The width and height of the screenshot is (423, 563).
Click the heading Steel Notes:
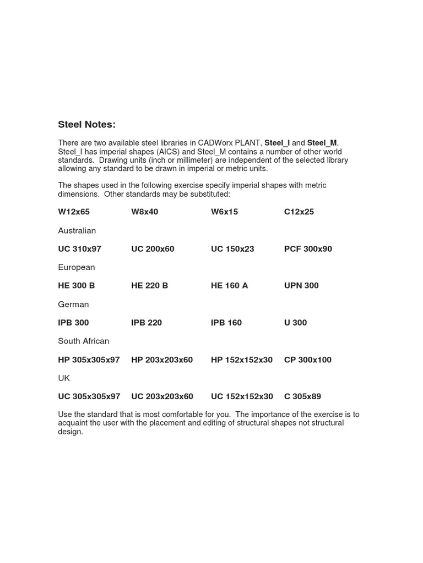(87, 125)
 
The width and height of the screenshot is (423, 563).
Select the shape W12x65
(74, 212)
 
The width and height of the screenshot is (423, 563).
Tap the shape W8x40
(145, 212)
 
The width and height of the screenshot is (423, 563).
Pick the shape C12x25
(299, 212)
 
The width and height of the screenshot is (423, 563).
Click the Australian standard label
(77, 230)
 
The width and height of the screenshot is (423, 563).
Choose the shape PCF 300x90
(308, 249)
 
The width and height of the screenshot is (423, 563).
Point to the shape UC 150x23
(232, 249)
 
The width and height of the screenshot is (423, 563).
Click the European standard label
(77, 267)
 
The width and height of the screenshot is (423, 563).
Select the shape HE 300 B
(77, 285)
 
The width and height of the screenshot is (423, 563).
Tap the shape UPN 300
(301, 285)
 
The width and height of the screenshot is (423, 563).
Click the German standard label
(73, 304)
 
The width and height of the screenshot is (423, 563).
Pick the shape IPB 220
(147, 322)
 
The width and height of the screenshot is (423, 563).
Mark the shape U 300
(295, 322)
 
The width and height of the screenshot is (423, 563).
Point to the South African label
(84, 341)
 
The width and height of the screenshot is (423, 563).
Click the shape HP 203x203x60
(162, 360)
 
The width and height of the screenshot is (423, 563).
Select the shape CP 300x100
(308, 360)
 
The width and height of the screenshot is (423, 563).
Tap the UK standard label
(64, 378)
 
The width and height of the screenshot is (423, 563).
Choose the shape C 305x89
(302, 396)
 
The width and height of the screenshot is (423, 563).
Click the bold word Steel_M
(322, 143)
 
